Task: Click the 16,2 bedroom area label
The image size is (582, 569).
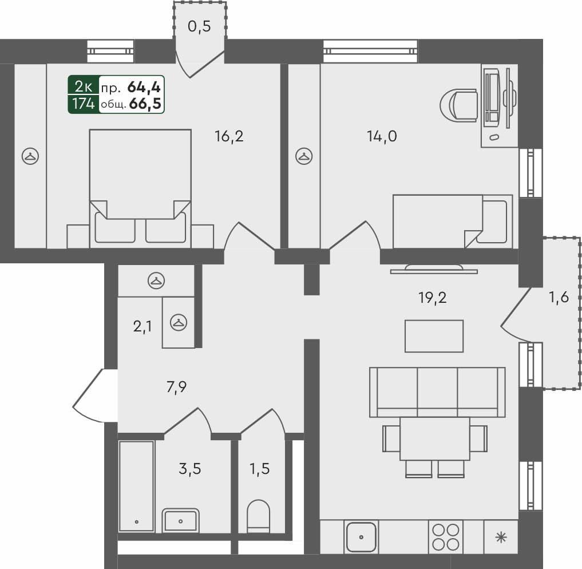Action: [x=229, y=137]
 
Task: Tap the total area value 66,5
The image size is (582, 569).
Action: [x=145, y=104]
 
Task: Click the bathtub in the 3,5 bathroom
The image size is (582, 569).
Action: [x=136, y=486]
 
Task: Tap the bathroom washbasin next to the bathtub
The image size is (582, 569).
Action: [x=180, y=520]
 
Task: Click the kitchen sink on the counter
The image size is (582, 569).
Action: [x=361, y=537]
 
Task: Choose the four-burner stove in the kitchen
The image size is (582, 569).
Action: [x=445, y=537]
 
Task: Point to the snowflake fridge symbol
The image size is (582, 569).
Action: [x=501, y=537]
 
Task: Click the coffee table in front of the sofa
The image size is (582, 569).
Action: [x=434, y=336]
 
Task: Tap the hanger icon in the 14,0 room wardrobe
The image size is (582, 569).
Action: [x=303, y=155]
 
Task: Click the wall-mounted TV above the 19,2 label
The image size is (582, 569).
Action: [x=433, y=269]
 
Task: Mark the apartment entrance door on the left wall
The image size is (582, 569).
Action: [x=89, y=395]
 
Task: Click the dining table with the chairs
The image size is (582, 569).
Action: [x=434, y=438]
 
